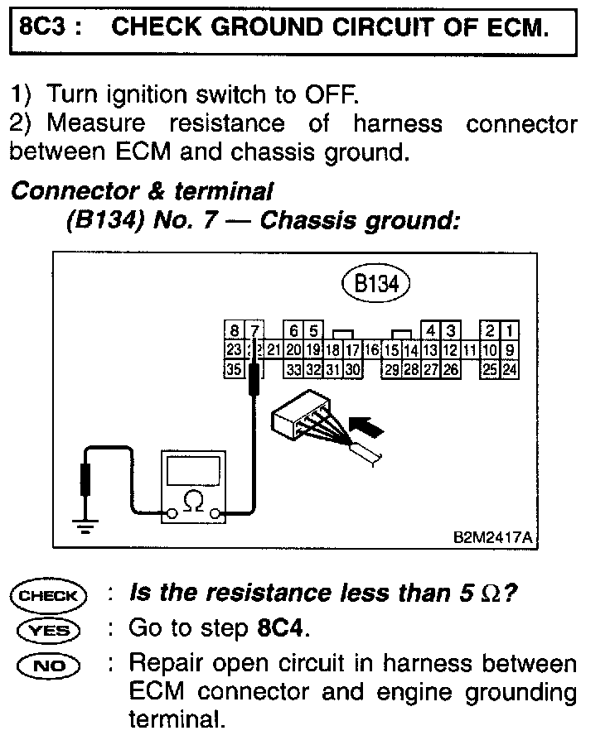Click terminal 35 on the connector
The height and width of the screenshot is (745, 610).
coord(235,369)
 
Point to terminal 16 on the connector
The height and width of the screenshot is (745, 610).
coord(371,350)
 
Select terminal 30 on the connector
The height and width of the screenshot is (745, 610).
coord(351,369)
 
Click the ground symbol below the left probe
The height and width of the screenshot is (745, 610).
coord(85,525)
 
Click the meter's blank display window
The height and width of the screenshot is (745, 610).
coord(193,470)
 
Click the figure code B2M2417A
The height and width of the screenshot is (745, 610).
coord(491,536)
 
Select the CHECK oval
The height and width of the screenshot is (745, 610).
coord(48,595)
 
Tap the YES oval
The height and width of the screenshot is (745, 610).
coord(48,631)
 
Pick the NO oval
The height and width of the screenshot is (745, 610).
coord(48,666)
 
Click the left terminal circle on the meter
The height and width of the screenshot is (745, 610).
coord(171,515)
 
